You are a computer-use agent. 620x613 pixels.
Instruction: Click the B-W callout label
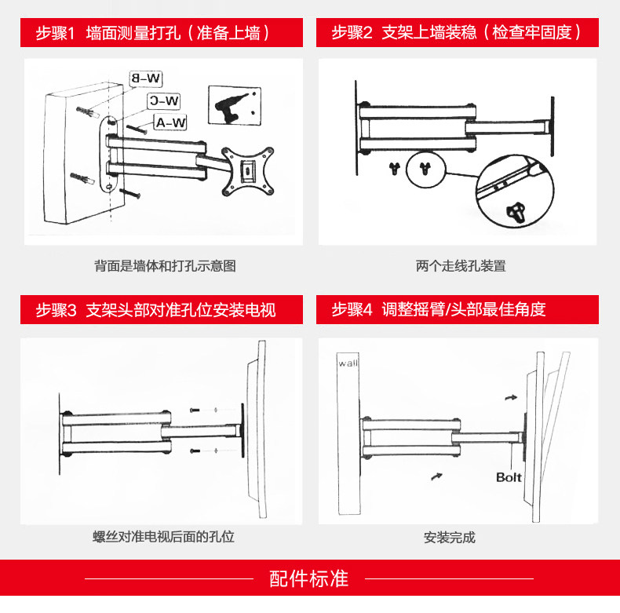pos(146,78)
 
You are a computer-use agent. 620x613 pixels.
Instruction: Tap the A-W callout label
pos(170,122)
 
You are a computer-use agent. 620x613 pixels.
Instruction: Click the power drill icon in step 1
pos(234,105)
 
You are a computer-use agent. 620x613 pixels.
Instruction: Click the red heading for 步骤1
pos(154,33)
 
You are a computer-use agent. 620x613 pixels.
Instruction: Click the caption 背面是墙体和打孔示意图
pos(165,266)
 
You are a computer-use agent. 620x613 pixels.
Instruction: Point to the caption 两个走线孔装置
pos(461,266)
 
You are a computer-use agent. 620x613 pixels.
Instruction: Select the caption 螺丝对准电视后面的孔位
pos(163,538)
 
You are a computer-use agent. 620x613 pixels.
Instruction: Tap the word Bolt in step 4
pos(509,477)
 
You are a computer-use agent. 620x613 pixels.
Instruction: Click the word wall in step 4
pos(347,363)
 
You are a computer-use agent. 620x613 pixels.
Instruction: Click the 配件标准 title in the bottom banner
pos(309,580)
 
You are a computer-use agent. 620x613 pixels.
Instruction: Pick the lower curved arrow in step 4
pos(437,476)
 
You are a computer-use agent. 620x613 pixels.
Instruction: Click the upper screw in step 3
pos(195,409)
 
